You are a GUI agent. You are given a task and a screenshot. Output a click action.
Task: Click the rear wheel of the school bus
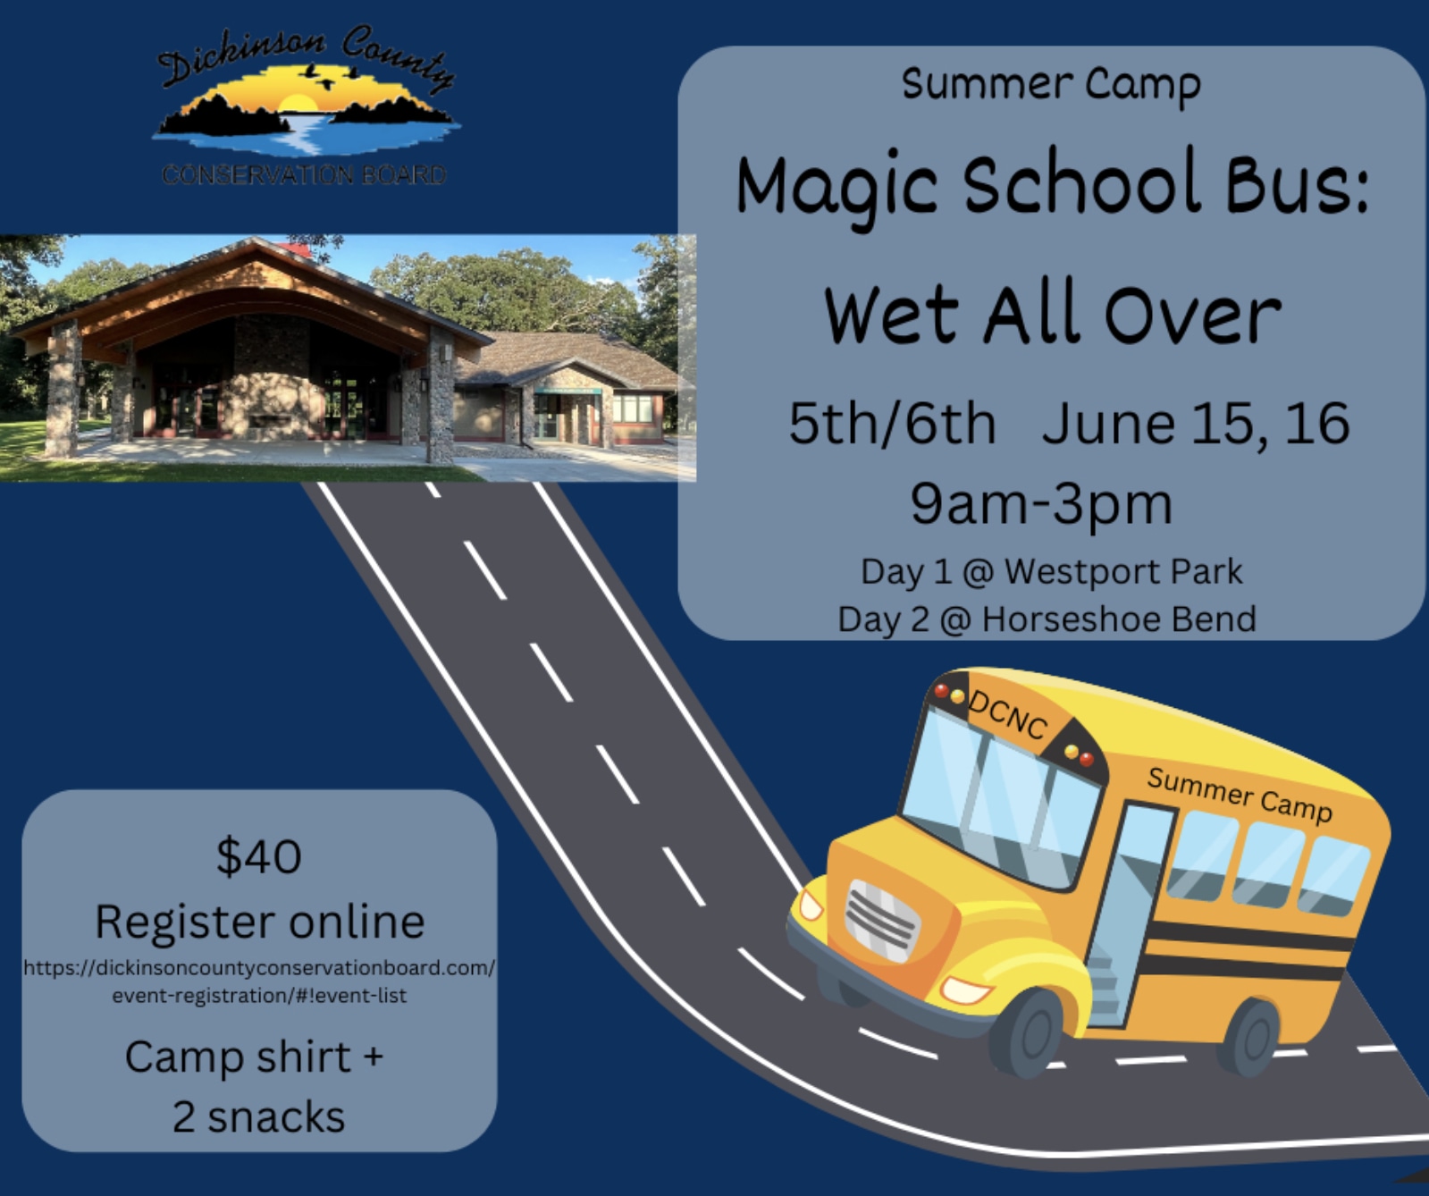point(1251,1037)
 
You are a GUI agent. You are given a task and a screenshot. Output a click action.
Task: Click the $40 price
point(259,856)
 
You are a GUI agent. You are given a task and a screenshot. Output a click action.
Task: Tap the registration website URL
point(259,981)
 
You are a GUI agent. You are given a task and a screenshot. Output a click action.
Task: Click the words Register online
point(259,922)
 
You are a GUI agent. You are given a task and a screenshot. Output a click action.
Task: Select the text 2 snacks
point(258,1117)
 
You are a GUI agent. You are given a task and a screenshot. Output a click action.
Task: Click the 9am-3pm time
point(1041,504)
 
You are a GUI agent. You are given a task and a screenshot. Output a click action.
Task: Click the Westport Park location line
point(1051,572)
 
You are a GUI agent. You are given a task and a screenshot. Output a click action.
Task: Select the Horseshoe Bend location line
point(1047,619)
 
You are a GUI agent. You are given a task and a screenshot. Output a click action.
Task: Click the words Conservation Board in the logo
point(304,174)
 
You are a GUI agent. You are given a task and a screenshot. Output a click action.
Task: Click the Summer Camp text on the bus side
point(1240,794)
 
